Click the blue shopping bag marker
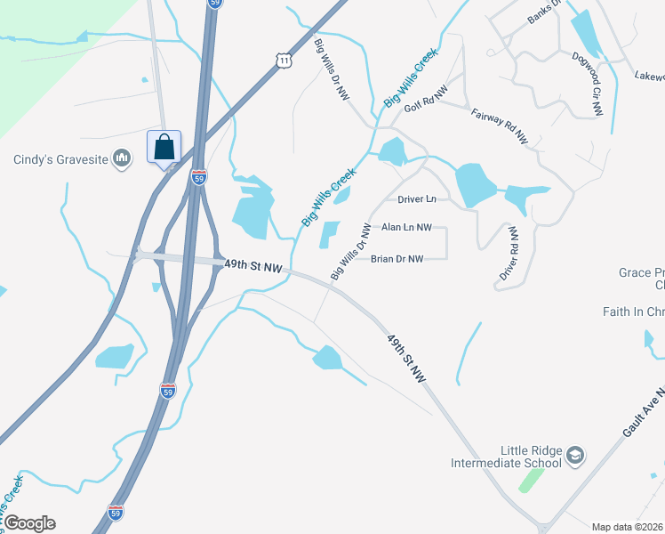tap(164, 147)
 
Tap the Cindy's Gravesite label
tap(60, 160)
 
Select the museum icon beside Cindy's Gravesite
tap(123, 159)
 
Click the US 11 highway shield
tap(283, 60)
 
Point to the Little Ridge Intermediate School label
tap(506, 457)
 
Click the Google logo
tap(29, 523)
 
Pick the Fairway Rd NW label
tap(500, 127)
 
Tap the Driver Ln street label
tap(417, 198)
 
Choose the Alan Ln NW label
tap(406, 228)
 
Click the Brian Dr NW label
tap(397, 259)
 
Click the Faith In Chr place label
tap(633, 311)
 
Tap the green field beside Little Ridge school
tap(531, 480)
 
